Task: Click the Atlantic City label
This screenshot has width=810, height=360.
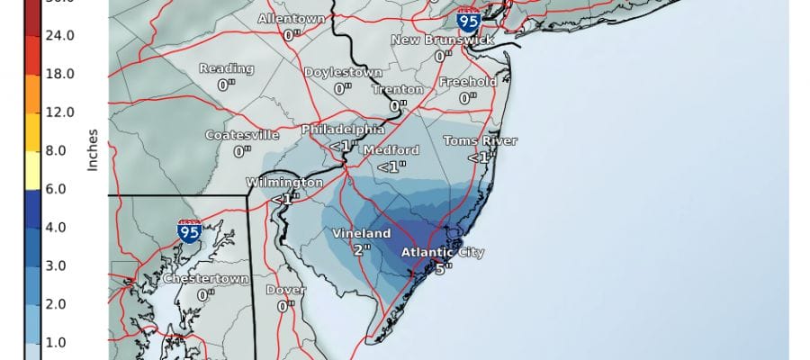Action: pyautogui.click(x=440, y=252)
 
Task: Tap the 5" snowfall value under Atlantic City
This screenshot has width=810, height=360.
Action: pyautogui.click(x=441, y=267)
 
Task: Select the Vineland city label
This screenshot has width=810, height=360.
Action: pyautogui.click(x=362, y=234)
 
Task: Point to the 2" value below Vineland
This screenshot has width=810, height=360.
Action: pyautogui.click(x=362, y=249)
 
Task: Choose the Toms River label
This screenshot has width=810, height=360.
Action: pyautogui.click(x=481, y=141)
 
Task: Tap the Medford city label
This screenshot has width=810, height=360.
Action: pyautogui.click(x=391, y=150)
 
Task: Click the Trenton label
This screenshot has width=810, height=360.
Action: pyautogui.click(x=396, y=90)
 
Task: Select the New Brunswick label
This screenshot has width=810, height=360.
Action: pyautogui.click(x=441, y=40)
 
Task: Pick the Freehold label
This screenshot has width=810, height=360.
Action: pyautogui.click(x=466, y=82)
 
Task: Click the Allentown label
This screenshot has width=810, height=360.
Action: pyautogui.click(x=291, y=19)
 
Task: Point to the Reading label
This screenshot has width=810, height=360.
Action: pyautogui.click(x=227, y=69)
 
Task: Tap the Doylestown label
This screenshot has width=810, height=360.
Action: pyautogui.click(x=342, y=72)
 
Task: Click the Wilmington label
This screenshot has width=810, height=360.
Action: pyautogui.click(x=284, y=183)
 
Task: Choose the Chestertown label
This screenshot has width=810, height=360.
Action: pyautogui.click(x=205, y=279)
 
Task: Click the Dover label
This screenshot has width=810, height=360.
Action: pyautogui.click(x=285, y=290)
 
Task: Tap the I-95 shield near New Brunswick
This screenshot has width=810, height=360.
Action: pyautogui.click(x=467, y=20)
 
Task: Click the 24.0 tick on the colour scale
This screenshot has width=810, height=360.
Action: pyautogui.click(x=60, y=36)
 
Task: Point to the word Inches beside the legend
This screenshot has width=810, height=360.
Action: pyautogui.click(x=92, y=148)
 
